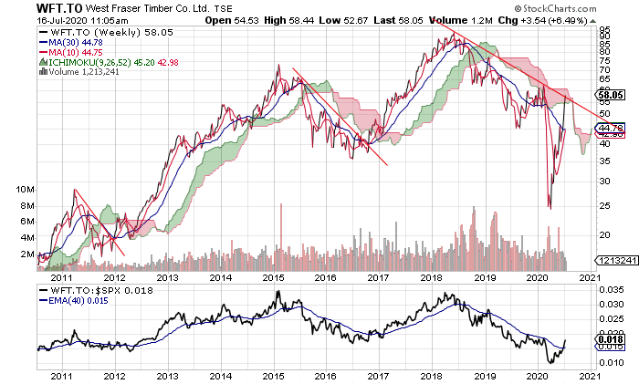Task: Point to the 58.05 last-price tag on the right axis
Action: pyautogui.click(x=609, y=94)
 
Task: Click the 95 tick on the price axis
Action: pyautogui.click(x=603, y=30)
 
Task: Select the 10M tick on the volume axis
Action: pyautogui.click(x=25, y=189)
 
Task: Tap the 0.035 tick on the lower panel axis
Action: pyautogui.click(x=610, y=290)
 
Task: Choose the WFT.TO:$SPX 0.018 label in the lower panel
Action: pyautogui.click(x=94, y=290)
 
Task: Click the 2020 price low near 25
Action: pyautogui.click(x=550, y=207)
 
